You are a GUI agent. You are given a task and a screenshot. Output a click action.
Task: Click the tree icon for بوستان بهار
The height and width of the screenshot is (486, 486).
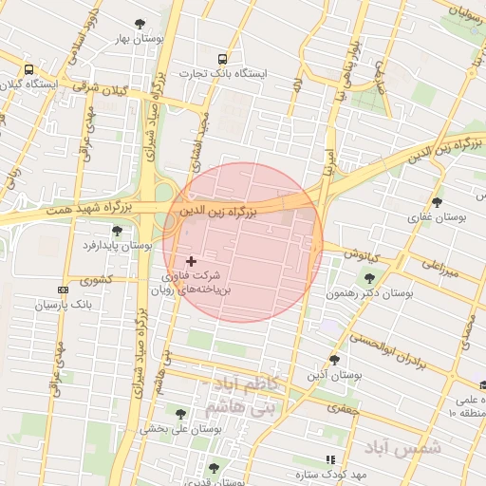(140, 23)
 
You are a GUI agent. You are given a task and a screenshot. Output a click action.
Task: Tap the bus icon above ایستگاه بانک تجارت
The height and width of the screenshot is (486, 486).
(223, 58)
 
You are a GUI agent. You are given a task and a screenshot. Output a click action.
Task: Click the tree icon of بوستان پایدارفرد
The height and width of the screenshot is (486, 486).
(117, 231)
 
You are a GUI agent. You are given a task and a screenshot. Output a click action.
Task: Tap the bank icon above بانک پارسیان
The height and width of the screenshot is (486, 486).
(64, 290)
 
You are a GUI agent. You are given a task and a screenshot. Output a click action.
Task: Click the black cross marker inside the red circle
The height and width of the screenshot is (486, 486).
(192, 260)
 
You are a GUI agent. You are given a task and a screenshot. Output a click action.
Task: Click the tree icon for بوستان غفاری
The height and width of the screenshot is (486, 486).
(437, 202)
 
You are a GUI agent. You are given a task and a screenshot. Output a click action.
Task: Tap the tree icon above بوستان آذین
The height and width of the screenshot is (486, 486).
(334, 359)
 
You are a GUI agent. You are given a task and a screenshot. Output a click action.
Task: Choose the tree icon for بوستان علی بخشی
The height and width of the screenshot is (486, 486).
(181, 413)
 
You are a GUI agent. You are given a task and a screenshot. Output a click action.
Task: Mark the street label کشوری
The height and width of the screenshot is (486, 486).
(96, 281)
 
